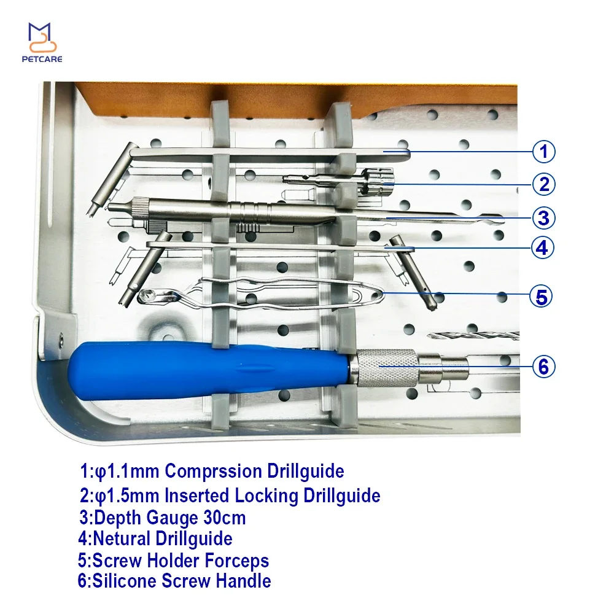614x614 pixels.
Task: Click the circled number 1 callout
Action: pos(543,152)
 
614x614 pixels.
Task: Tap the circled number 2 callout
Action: pos(543,184)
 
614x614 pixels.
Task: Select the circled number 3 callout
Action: pos(543,218)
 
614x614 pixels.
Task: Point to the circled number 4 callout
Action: pos(542,247)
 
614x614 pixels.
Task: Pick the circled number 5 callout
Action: pos(541,297)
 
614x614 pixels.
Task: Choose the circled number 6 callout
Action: pos(543,367)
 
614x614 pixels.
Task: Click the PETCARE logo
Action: pos(42,43)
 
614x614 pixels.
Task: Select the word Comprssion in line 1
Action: pos(213,471)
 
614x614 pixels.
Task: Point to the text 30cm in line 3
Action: pos(225,518)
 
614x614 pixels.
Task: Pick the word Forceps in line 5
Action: pos(236,561)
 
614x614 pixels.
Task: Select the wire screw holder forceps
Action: pos(261,292)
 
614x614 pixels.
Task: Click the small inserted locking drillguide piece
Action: pos(338,181)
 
